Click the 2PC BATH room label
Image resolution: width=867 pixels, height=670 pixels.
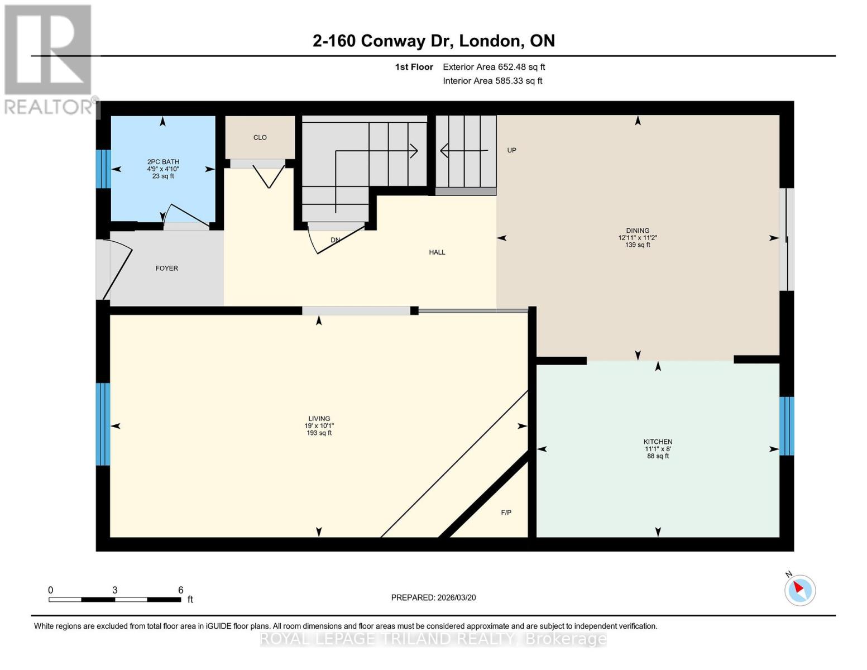(x=163, y=162)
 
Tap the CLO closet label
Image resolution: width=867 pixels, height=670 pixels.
(x=260, y=137)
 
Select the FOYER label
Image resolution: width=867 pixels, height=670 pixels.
(x=167, y=269)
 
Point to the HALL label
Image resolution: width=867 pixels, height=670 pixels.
(x=437, y=252)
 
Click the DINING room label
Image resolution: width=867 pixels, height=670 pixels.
(x=638, y=231)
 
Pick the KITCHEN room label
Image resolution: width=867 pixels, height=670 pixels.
(x=658, y=442)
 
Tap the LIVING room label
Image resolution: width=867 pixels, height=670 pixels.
(x=319, y=419)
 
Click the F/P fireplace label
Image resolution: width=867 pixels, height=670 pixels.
(x=506, y=513)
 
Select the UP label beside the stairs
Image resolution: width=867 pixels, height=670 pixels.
(x=511, y=150)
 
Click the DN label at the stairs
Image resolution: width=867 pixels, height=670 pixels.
(x=336, y=240)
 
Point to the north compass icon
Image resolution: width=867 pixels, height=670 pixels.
(x=800, y=590)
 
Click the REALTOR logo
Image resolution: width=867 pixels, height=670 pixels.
(x=49, y=59)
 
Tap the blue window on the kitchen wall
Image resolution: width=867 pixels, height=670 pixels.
(x=787, y=426)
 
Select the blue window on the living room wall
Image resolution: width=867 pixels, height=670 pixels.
(x=103, y=424)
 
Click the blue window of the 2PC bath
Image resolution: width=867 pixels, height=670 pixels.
(x=103, y=169)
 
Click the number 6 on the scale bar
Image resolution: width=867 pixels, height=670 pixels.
(x=180, y=590)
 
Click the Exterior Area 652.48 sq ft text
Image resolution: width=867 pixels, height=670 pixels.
(x=494, y=67)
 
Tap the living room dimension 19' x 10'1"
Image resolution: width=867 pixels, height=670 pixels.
(x=319, y=426)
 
